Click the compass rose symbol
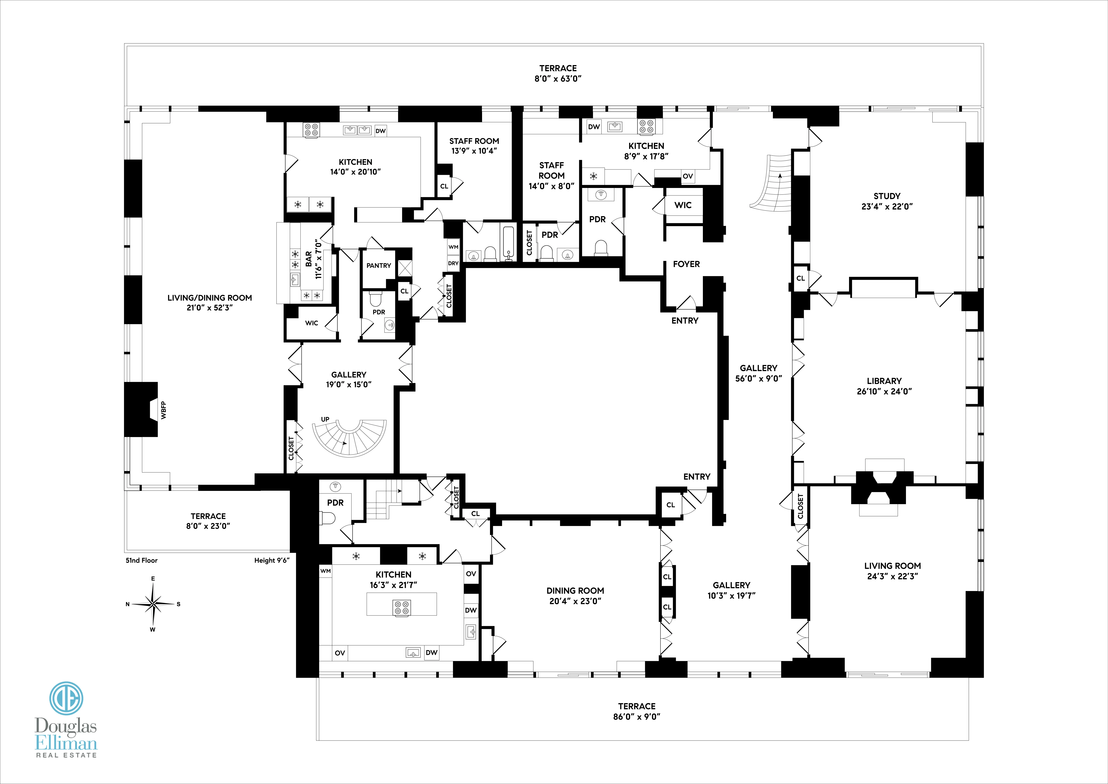coord(153,604)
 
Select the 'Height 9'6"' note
coord(272,561)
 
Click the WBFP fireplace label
coord(164,410)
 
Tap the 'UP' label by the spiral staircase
coord(325,419)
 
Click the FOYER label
coord(686,264)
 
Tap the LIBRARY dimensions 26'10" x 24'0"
coord(884,392)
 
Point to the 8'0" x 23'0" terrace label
coord(208,526)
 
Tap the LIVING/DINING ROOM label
coord(209,298)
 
